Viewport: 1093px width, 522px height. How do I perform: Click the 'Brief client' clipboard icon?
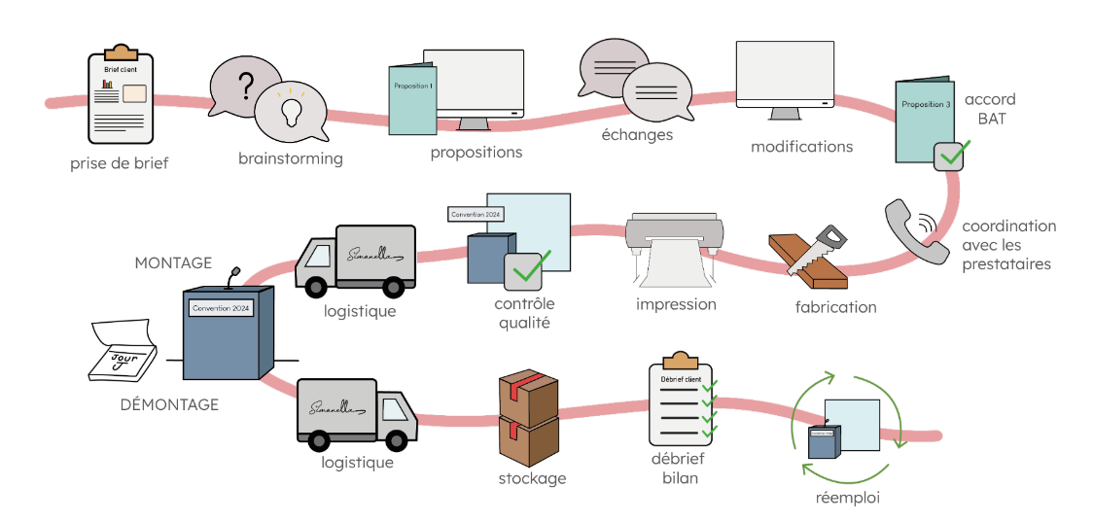[x=120, y=95]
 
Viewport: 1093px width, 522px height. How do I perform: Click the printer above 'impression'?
[x=672, y=243]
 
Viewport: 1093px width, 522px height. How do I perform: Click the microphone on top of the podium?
[x=232, y=278]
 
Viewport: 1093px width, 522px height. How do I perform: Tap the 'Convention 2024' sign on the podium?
[x=221, y=308]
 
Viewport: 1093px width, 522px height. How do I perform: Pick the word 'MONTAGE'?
[x=173, y=262]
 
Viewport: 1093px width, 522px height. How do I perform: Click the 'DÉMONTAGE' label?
[x=169, y=404]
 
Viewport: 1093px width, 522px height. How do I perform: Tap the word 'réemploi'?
[x=848, y=498]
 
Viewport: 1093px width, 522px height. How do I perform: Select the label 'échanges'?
[x=637, y=135]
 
